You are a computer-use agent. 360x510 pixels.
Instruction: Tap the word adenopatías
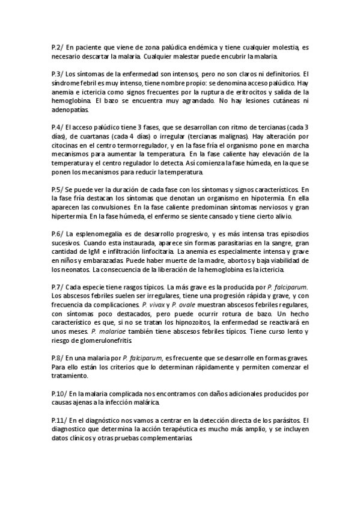point(70,109)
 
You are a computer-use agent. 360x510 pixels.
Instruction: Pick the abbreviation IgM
point(92,251)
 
